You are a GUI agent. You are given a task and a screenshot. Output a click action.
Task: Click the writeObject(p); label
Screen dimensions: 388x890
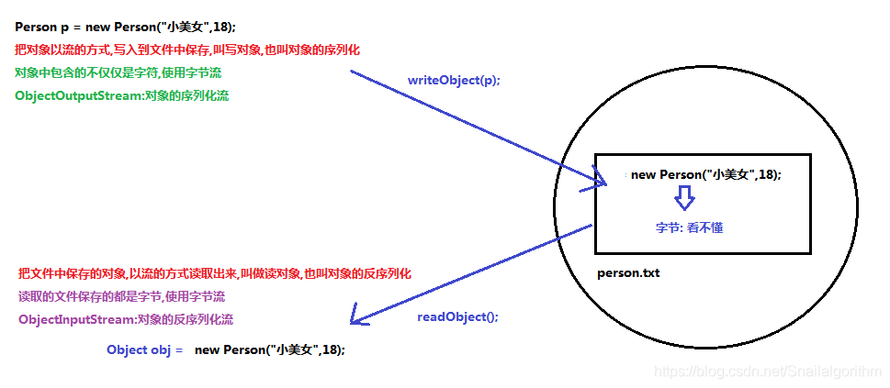[x=454, y=81]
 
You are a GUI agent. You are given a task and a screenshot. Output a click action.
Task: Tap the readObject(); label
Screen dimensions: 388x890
[x=457, y=316]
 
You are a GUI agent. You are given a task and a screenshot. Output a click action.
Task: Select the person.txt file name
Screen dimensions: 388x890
[x=628, y=272]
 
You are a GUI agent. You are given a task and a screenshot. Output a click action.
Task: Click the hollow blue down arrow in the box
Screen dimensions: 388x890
[x=683, y=197]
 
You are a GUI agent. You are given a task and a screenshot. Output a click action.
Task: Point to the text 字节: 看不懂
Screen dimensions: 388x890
[x=689, y=227]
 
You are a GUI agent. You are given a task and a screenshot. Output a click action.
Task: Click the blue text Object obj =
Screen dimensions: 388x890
[x=145, y=349]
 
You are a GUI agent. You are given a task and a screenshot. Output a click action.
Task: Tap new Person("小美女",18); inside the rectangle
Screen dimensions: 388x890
[x=706, y=174]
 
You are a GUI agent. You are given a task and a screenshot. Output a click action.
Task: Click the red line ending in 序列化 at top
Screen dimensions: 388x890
[x=187, y=50]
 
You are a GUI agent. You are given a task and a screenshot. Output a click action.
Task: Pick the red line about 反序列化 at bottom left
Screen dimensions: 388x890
[x=215, y=273]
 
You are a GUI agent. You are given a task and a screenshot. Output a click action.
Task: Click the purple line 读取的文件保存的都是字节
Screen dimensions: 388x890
[x=121, y=296]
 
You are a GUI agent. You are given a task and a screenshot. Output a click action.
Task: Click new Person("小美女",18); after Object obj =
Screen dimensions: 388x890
[x=270, y=349]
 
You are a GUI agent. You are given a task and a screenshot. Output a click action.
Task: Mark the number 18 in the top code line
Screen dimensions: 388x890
[x=221, y=28]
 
